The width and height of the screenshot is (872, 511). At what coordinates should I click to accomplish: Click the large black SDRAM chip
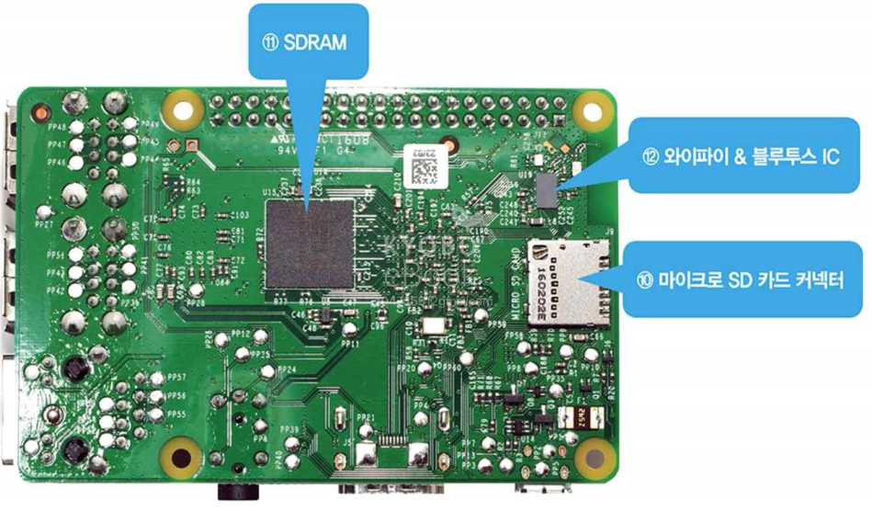(x=310, y=244)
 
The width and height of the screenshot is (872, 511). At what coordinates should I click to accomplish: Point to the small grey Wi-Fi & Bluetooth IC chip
(x=548, y=189)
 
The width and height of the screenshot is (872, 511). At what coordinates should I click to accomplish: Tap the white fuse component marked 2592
(x=580, y=417)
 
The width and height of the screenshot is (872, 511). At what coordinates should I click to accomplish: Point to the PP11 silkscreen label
(x=349, y=345)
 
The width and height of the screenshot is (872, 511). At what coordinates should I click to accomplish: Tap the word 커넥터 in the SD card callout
(x=813, y=276)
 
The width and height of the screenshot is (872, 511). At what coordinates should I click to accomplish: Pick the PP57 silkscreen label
(x=175, y=378)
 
